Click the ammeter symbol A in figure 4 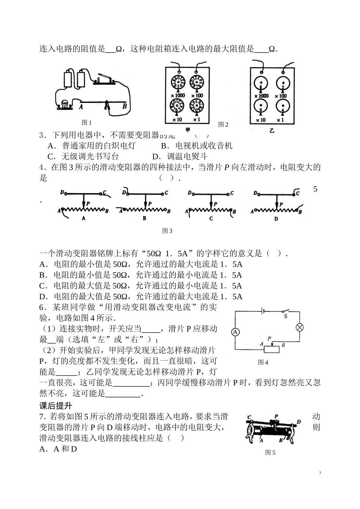(x=235, y=332)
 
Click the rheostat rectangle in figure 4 (x=271, y=349)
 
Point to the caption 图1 (x=87, y=123)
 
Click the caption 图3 (x=167, y=231)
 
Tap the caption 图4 (x=263, y=362)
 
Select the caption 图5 (x=270, y=452)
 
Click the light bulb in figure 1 (x=64, y=104)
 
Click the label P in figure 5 (x=276, y=416)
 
